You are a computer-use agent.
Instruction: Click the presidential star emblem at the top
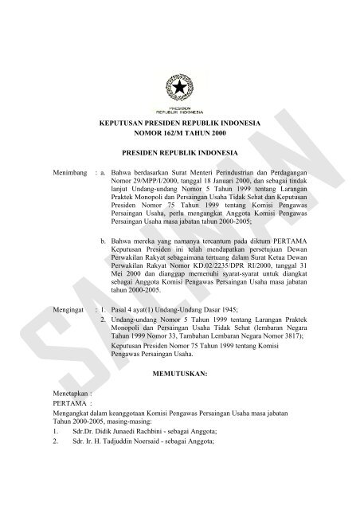pos(180,84)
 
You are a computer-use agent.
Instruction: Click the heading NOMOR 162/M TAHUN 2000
pos(180,139)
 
